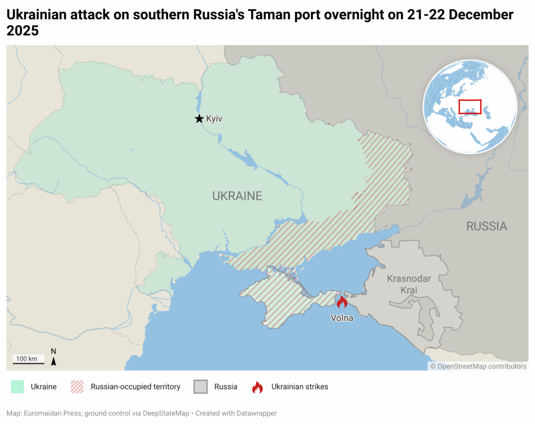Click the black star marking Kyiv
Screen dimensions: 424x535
[199, 119]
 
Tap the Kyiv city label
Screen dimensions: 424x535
[214, 119]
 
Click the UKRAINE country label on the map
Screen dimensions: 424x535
[237, 196]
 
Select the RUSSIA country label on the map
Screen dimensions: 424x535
[486, 226]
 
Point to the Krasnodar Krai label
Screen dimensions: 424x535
[409, 284]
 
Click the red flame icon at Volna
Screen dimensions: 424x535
[342, 302]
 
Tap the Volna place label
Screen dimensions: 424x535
[342, 318]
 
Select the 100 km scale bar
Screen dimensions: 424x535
[29, 360]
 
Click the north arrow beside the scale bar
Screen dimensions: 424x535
[53, 358]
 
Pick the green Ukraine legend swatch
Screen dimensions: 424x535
[17, 387]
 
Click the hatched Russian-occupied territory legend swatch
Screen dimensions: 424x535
[77, 387]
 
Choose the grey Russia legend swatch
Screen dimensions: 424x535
[201, 387]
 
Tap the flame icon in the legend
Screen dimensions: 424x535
[258, 387]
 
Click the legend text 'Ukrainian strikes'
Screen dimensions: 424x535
[299, 387]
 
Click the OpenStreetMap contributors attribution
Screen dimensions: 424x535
[478, 366]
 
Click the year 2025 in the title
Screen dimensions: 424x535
[22, 31]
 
